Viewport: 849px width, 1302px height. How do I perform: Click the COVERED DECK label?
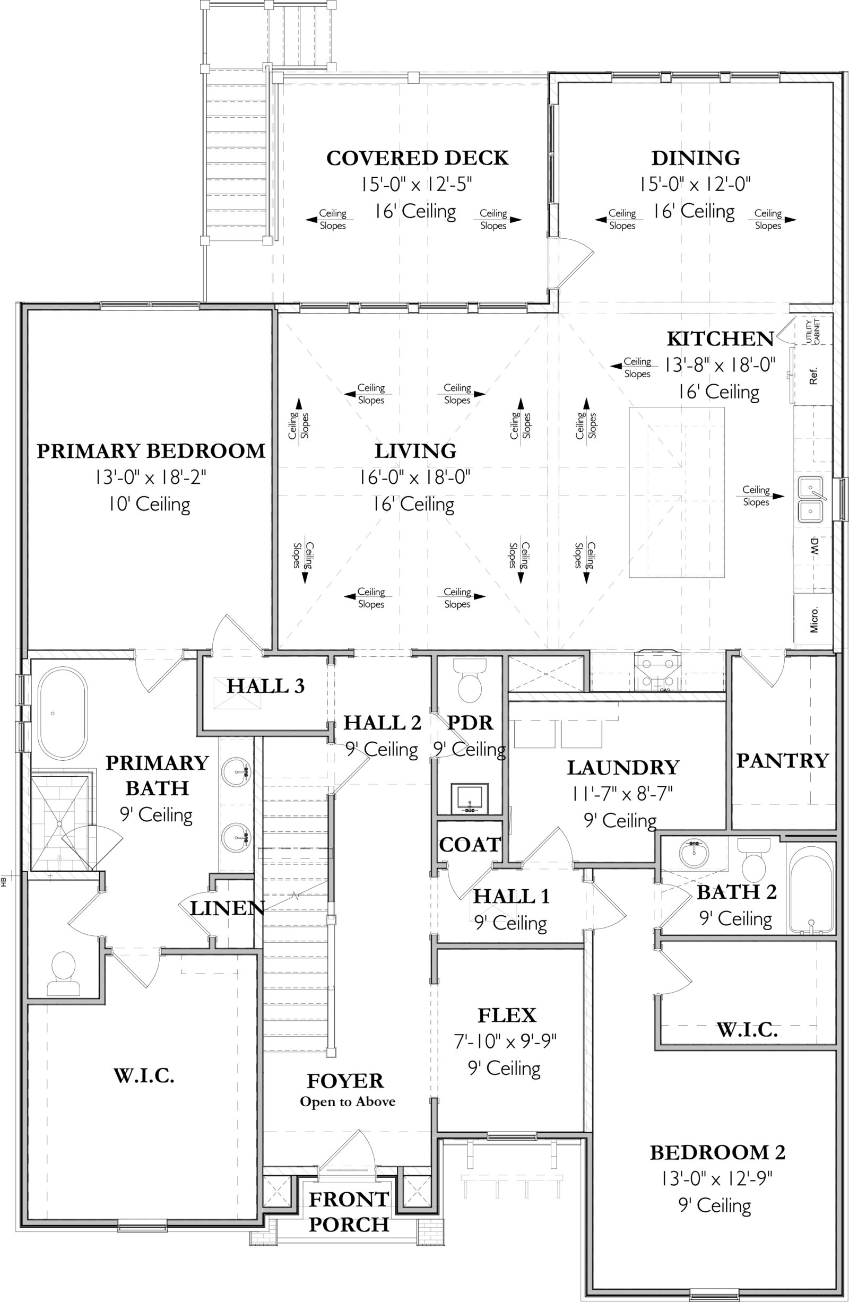coord(417,158)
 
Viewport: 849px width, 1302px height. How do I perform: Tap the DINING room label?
coord(695,158)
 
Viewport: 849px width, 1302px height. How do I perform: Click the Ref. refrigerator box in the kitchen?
coord(813,376)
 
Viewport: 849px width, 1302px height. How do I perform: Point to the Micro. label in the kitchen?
coord(813,620)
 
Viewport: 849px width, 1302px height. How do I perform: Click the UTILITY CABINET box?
coord(813,331)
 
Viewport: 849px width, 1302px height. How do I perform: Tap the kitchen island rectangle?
coord(676,492)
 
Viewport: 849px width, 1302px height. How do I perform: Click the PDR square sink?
coord(470,798)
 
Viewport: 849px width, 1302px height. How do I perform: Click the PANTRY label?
coord(782,760)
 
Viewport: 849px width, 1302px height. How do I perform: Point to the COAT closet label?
coord(470,845)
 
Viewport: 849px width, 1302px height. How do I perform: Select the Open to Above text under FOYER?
coord(348,1102)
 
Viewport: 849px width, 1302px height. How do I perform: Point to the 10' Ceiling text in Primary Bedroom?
coord(149,504)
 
